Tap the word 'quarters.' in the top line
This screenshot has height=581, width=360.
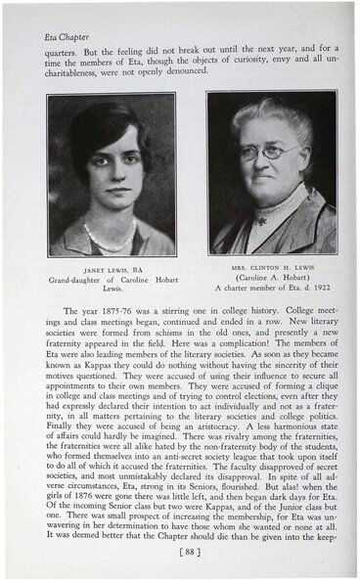click(x=62, y=56)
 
